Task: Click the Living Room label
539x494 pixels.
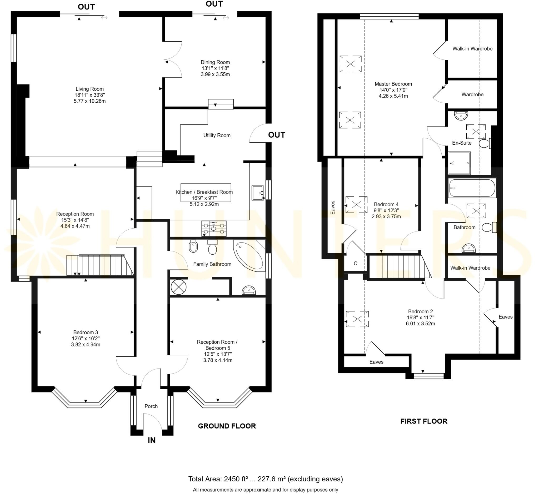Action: (x=89, y=89)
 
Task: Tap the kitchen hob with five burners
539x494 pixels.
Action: (x=214, y=229)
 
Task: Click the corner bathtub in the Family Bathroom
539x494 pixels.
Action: (x=248, y=255)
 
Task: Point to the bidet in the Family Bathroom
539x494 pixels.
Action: (x=193, y=246)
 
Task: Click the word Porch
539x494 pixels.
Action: (x=151, y=406)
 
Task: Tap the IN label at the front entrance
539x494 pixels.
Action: (x=151, y=440)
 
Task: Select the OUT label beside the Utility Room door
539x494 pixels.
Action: (x=276, y=135)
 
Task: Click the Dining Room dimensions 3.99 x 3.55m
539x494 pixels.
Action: (x=215, y=74)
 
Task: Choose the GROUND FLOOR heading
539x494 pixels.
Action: (x=227, y=426)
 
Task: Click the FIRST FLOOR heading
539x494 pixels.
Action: (x=423, y=421)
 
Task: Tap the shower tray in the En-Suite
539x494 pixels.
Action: (x=459, y=163)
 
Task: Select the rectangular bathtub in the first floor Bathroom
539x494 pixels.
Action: (x=472, y=188)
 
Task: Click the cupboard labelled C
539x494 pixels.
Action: (x=355, y=263)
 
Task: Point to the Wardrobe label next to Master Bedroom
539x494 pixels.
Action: (x=472, y=94)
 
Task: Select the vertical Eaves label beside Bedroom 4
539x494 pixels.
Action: (x=332, y=208)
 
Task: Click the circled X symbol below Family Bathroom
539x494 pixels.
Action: (x=178, y=287)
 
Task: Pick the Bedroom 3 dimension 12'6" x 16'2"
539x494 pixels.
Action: (x=86, y=339)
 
